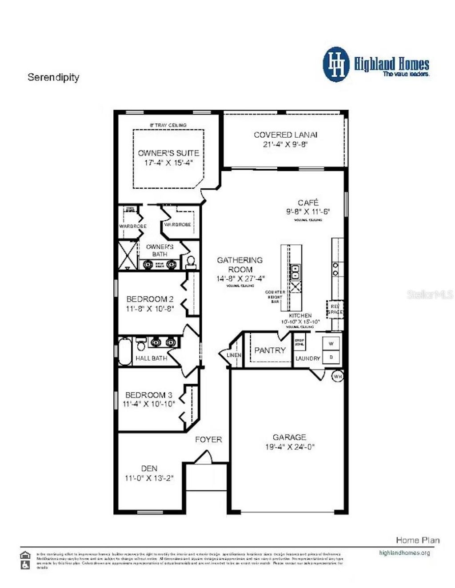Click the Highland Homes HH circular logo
337,65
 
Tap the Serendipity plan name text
53,77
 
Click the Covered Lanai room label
285,135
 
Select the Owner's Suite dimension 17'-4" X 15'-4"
168,163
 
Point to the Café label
308,203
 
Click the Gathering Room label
239,265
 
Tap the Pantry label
270,350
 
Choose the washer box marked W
331,344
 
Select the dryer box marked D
331,357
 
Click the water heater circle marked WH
338,376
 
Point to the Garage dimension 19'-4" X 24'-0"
290,447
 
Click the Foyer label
208,440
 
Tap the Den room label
149,469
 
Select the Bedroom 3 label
148,395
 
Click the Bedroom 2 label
150,299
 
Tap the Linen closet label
234,355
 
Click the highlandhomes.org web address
404,553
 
